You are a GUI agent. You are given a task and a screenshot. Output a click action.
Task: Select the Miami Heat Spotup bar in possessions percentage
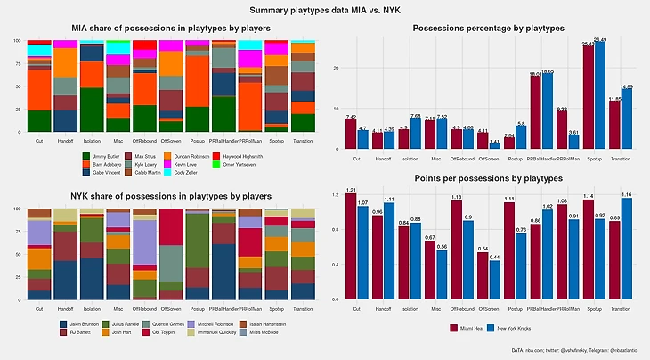point(613,97)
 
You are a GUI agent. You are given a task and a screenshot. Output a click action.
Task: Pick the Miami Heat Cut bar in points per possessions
point(352,246)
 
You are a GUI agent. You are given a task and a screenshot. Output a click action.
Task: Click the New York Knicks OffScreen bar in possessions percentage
point(495,145)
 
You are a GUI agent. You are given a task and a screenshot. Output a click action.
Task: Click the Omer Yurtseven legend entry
point(257,164)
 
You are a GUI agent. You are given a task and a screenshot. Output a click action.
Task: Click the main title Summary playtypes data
point(325,10)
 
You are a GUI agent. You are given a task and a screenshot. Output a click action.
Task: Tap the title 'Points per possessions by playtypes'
point(488,179)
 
